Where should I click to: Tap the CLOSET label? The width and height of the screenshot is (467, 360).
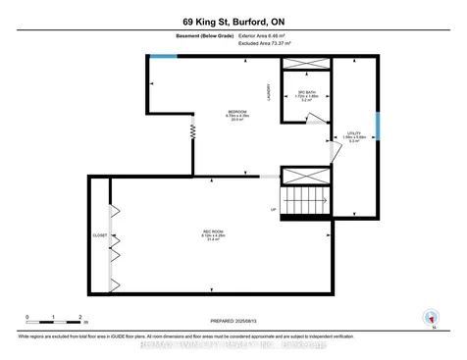[x=99, y=235]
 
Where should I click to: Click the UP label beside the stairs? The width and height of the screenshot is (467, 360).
[x=274, y=209]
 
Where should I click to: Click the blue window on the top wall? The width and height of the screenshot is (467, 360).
[x=164, y=56]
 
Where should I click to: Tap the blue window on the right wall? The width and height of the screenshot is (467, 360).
[x=377, y=128]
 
